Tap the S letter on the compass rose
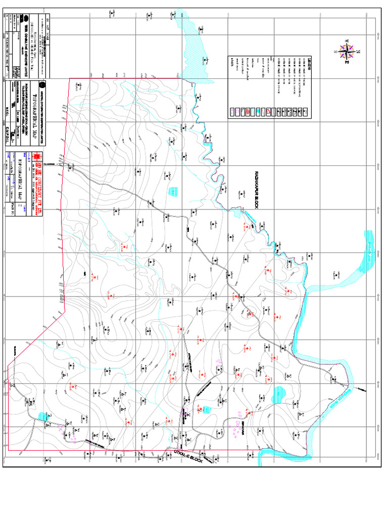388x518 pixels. point(335,52)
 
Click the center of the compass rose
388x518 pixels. point(347,51)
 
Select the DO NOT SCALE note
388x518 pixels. point(48,25)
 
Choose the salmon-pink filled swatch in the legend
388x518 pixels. point(248,111)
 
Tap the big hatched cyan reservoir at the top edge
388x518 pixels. point(195,43)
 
